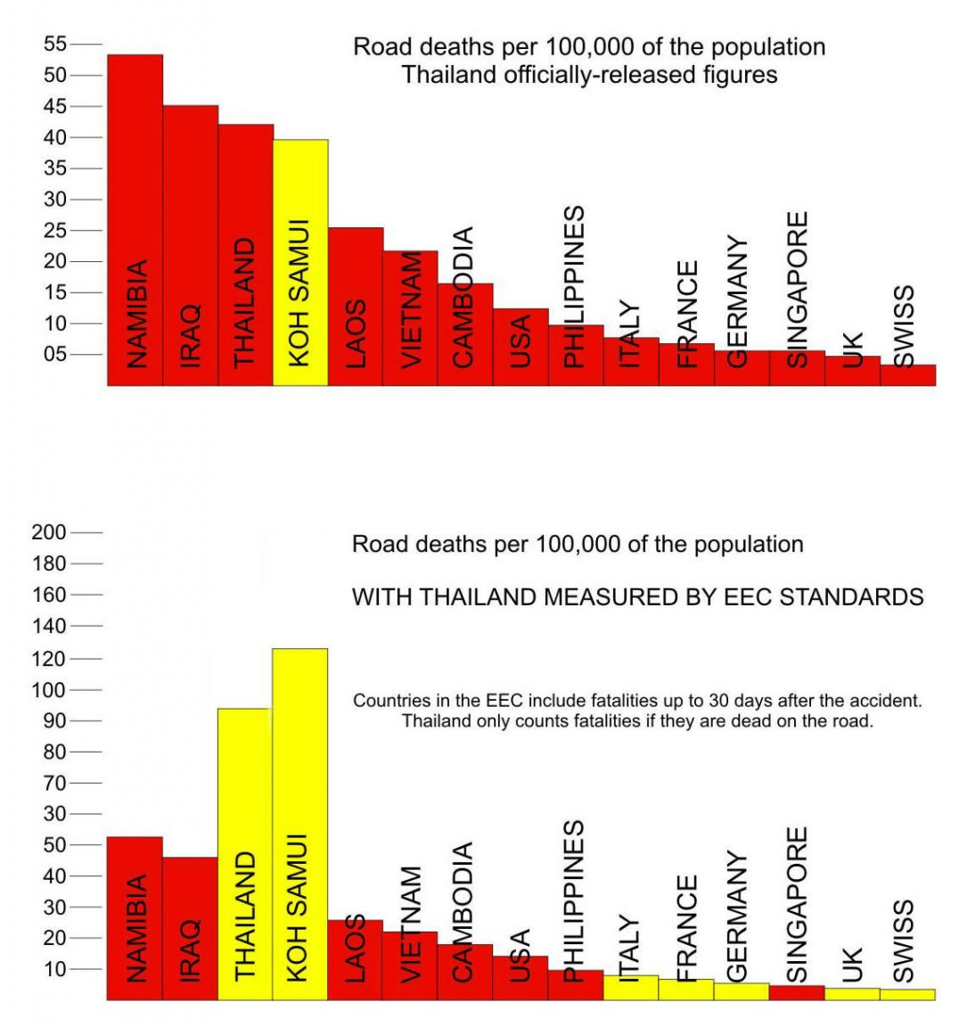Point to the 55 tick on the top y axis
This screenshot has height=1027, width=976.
pyautogui.click(x=55, y=44)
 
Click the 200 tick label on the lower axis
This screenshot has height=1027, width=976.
pyautogui.click(x=49, y=532)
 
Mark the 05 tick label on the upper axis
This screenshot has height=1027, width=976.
pyautogui.click(x=55, y=354)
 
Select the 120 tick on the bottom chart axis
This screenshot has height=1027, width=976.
pyautogui.click(x=49, y=659)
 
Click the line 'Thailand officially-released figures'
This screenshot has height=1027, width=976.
pyautogui.click(x=589, y=74)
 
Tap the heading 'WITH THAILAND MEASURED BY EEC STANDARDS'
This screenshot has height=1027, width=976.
pyautogui.click(x=637, y=596)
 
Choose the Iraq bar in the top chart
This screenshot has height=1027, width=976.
pyautogui.click(x=190, y=245)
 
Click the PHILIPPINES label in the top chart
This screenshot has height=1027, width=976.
pyautogui.click(x=575, y=285)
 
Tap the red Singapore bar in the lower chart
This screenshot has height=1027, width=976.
pyautogui.click(x=796, y=992)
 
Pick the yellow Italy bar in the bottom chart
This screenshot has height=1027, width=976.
pyautogui.click(x=630, y=988)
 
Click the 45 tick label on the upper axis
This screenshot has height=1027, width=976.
pyautogui.click(x=55, y=106)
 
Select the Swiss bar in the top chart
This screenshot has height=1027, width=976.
pyautogui.click(x=907, y=374)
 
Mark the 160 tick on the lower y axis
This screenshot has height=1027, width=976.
pyautogui.click(x=49, y=595)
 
